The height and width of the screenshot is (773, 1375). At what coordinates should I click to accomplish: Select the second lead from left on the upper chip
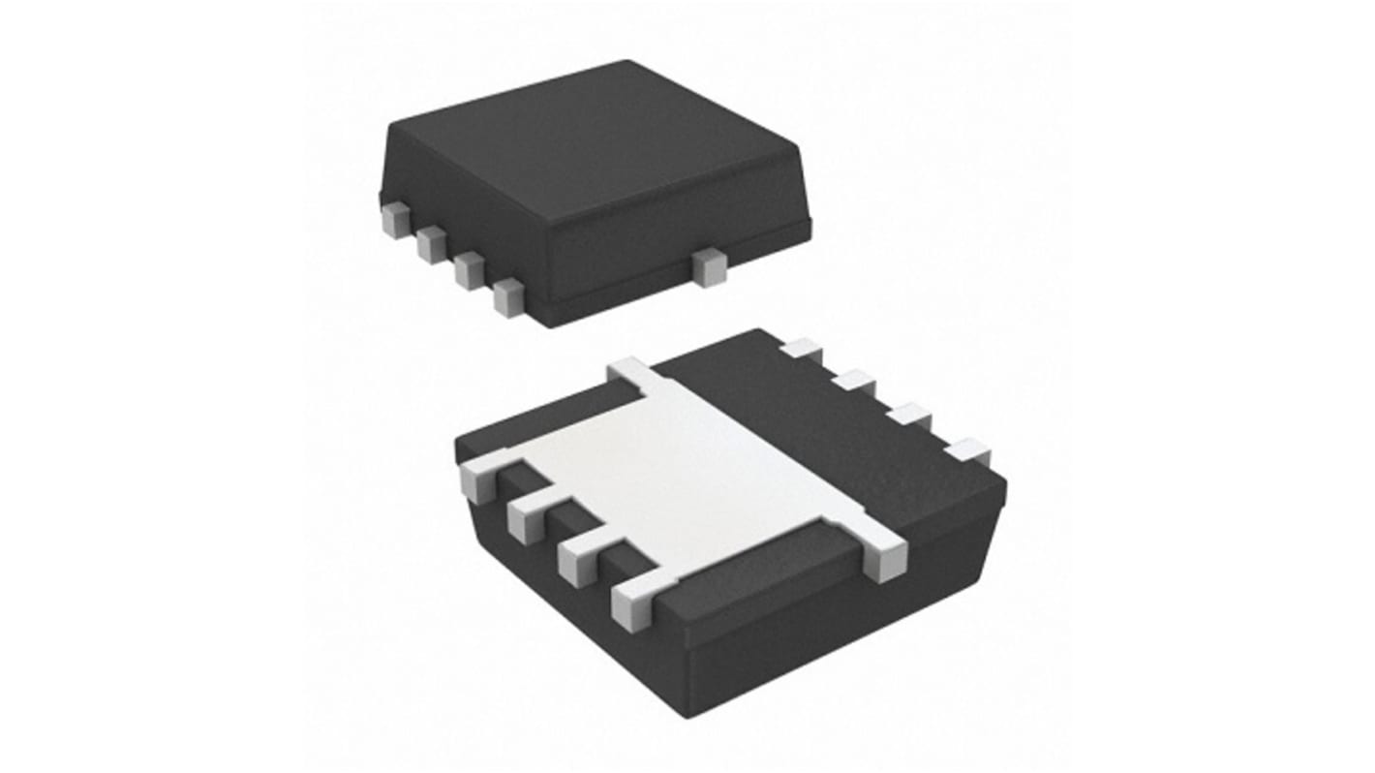click(431, 244)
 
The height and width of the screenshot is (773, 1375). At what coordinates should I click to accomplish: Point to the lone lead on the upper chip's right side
click(710, 266)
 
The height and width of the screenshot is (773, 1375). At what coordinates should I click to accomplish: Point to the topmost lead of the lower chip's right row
click(801, 351)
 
